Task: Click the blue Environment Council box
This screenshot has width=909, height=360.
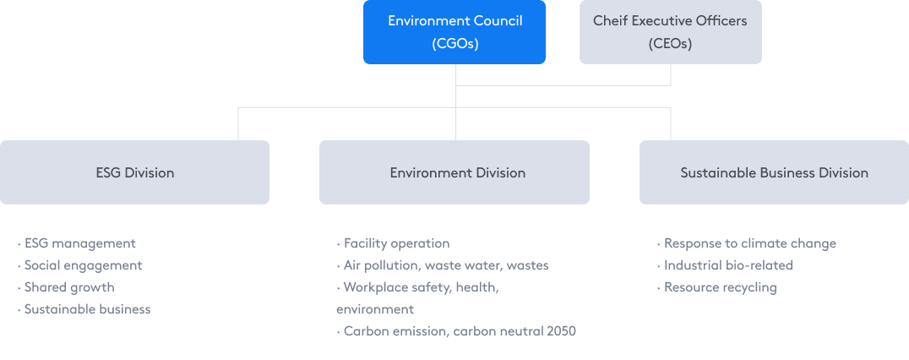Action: point(454,31)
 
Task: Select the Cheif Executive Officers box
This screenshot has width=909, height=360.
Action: point(670,31)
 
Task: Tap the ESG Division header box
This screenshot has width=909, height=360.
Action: point(134,172)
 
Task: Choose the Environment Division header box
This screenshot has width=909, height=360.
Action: point(454,172)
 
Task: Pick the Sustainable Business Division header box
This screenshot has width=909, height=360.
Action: point(774,172)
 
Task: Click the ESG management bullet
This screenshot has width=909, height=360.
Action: point(77,243)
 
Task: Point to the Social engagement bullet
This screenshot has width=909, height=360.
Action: point(80,265)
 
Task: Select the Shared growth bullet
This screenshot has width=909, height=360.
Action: point(67,287)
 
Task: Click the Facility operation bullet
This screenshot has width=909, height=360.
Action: point(394,243)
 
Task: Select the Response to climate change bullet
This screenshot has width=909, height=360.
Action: point(747,243)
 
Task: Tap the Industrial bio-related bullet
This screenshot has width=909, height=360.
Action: point(726,265)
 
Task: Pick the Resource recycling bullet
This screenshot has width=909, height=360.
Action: point(717,287)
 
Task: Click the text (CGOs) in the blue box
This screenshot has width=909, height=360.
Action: point(454,43)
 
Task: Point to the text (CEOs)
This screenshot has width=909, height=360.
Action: point(670,43)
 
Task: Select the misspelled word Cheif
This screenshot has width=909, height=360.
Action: point(610,20)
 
